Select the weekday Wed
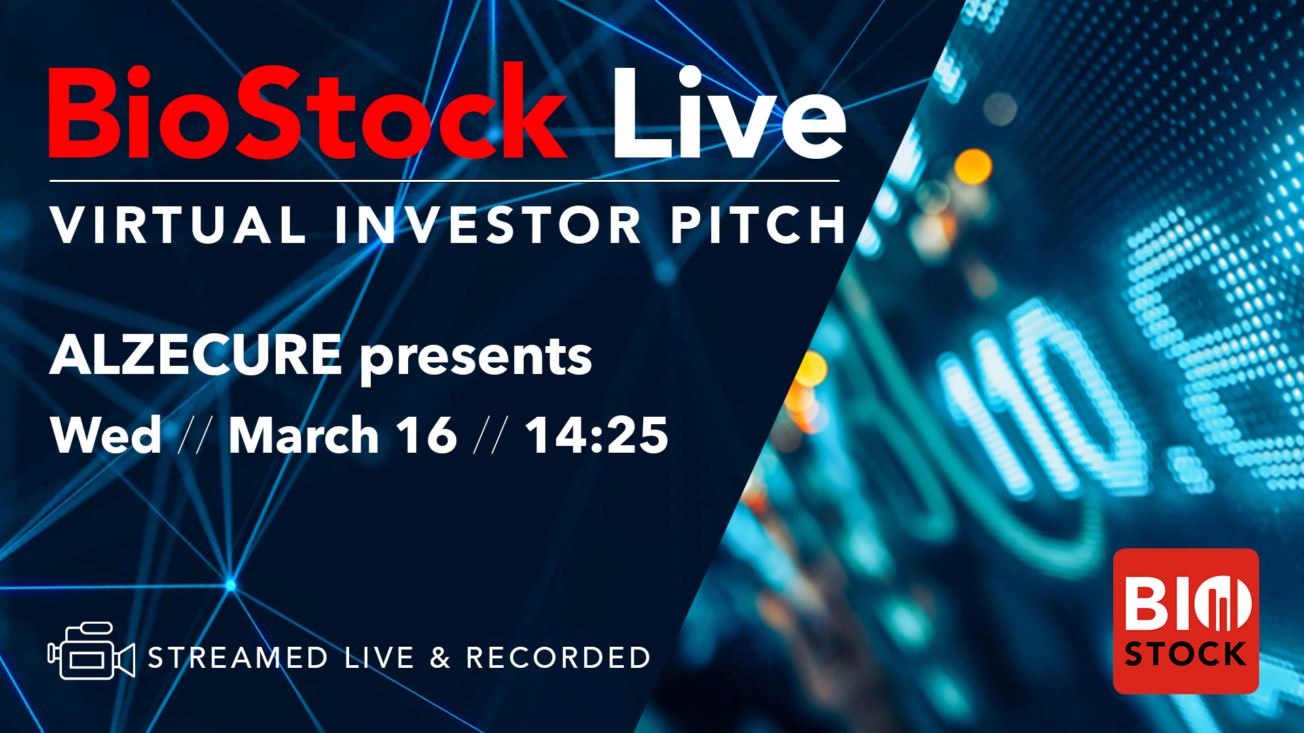click(x=106, y=435)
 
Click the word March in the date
click(x=304, y=435)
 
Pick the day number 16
click(x=427, y=435)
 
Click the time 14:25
click(x=597, y=435)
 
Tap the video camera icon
click(x=91, y=651)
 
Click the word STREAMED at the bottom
click(x=238, y=658)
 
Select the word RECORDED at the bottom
click(x=558, y=658)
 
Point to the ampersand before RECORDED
click(x=440, y=658)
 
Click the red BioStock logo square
click(x=1186, y=621)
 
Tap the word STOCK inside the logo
click(x=1185, y=654)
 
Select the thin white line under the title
click(x=444, y=181)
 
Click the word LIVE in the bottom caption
click(x=379, y=658)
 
